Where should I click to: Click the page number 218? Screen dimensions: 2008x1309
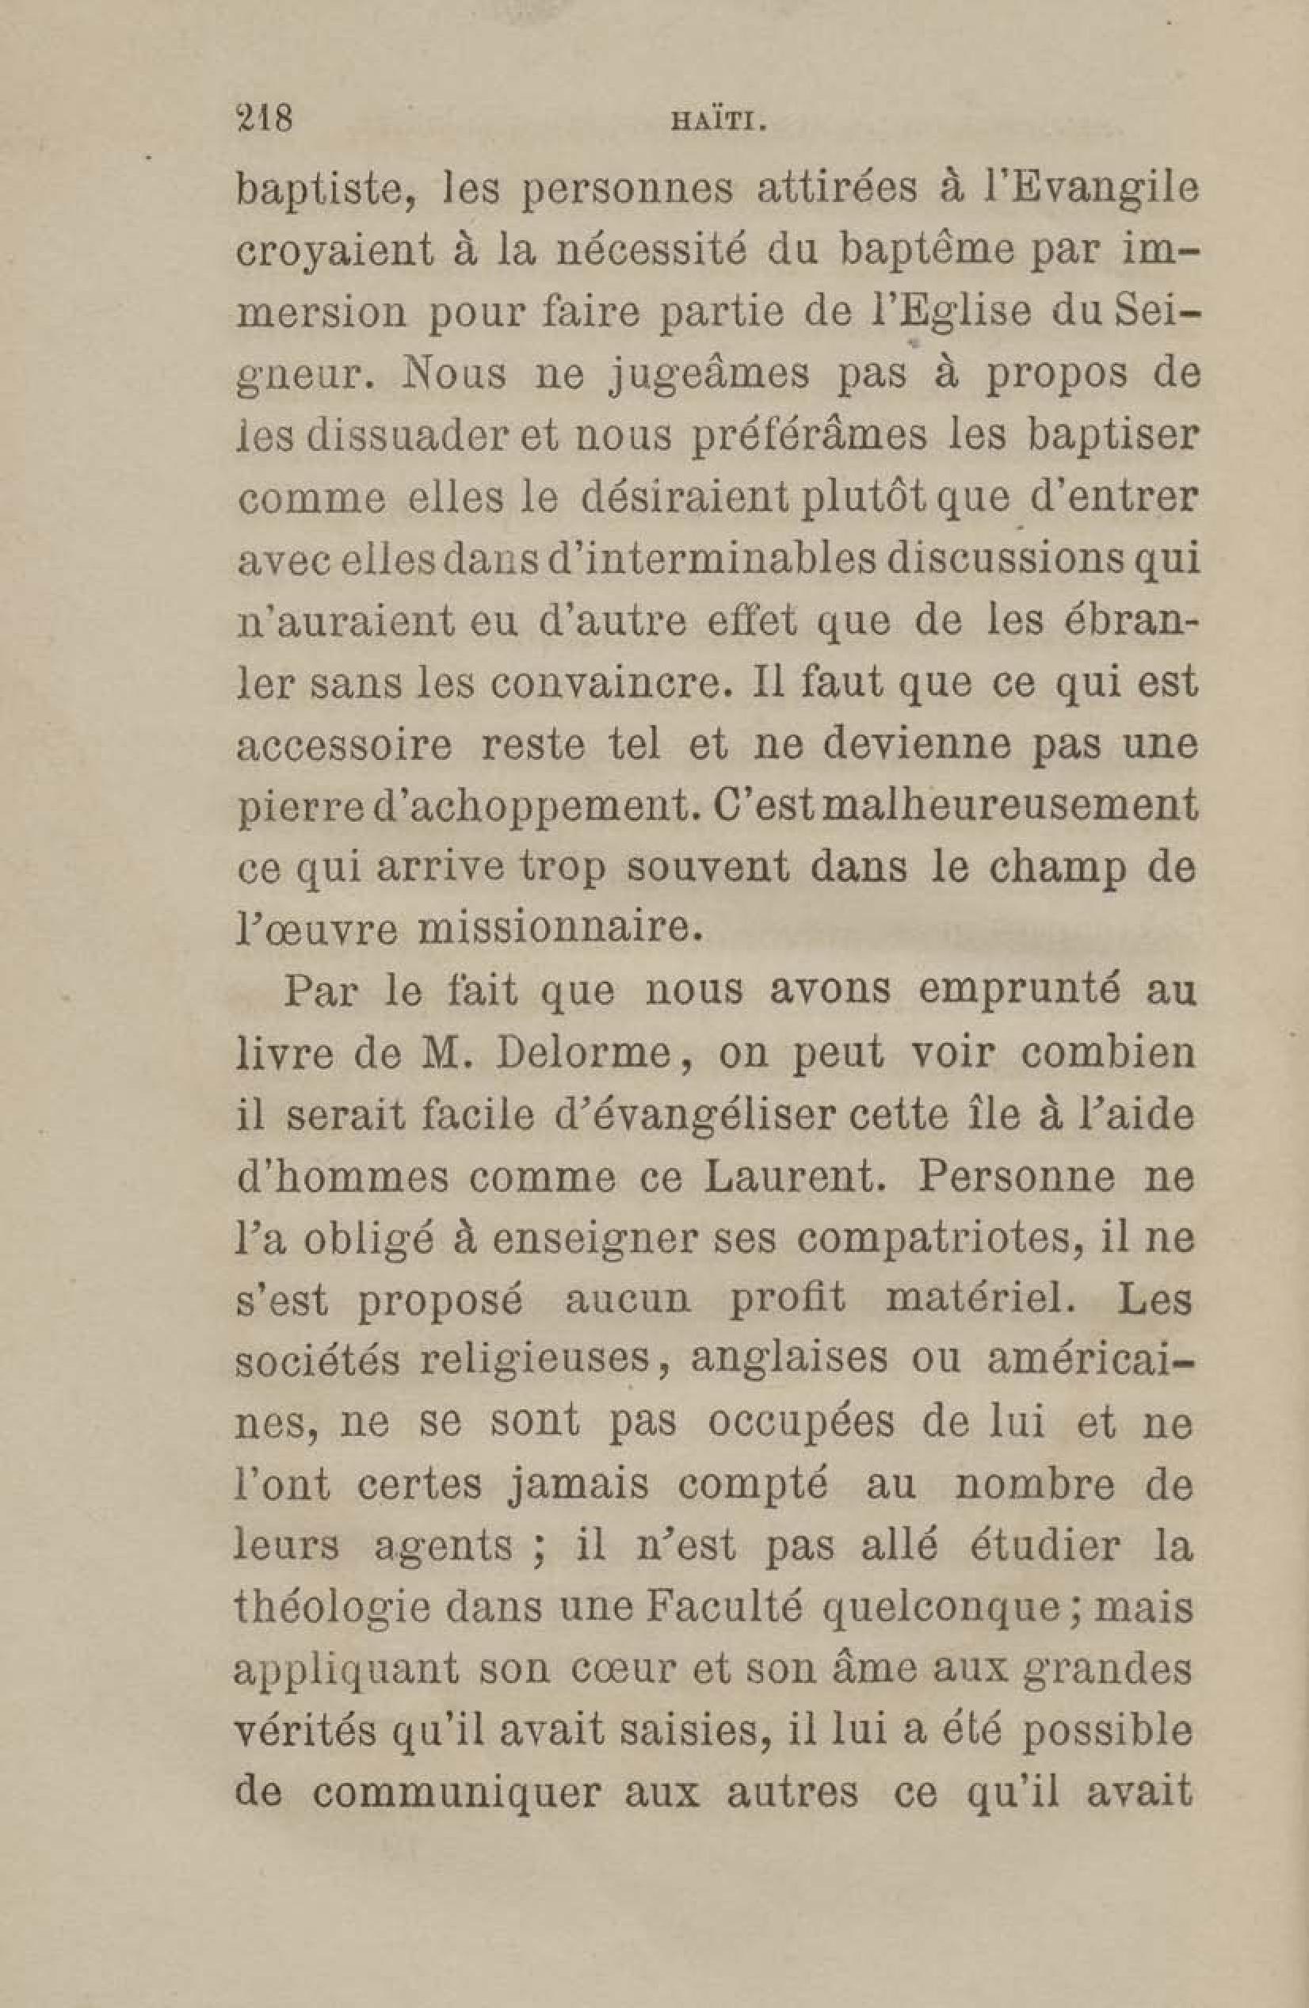click(265, 117)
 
